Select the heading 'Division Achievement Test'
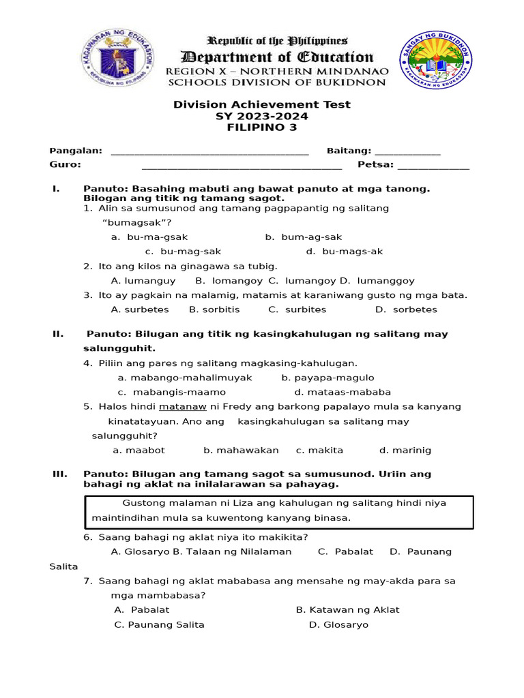click(x=262, y=104)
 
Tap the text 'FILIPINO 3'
click(x=262, y=127)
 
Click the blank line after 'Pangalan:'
click(x=209, y=151)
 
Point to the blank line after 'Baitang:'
click(x=407, y=151)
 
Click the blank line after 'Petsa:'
click(x=433, y=164)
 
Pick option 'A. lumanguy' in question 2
click(x=143, y=281)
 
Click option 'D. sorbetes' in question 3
click(x=406, y=309)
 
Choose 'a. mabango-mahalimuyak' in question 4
click(x=185, y=378)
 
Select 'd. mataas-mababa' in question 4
click(x=343, y=392)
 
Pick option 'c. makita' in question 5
click(x=319, y=451)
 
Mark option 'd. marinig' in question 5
click(x=405, y=451)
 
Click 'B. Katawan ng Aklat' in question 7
click(x=347, y=610)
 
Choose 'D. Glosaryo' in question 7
click(x=338, y=625)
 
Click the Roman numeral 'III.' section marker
click(x=60, y=474)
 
